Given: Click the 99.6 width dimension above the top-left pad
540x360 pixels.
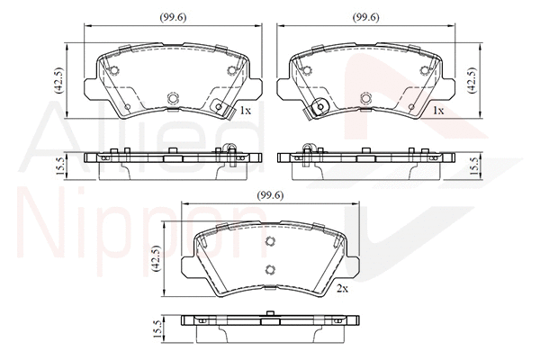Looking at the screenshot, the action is coord(173,17).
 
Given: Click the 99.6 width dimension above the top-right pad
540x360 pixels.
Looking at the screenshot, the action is coord(365,17).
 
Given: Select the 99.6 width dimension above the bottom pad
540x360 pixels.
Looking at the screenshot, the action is coord(270,195).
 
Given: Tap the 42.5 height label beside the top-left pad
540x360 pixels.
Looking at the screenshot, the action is coord(58,80).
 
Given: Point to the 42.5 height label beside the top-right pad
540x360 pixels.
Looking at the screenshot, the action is coord(472,80).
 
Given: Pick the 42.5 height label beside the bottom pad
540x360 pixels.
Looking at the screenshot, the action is coord(156,258).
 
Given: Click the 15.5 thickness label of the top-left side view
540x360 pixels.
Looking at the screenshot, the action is coord(59,166).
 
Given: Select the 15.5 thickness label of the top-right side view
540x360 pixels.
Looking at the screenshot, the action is coord(474,166).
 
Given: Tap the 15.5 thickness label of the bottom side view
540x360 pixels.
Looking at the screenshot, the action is coord(157,329).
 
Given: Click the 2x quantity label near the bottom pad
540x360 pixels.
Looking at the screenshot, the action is coord(342,289).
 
